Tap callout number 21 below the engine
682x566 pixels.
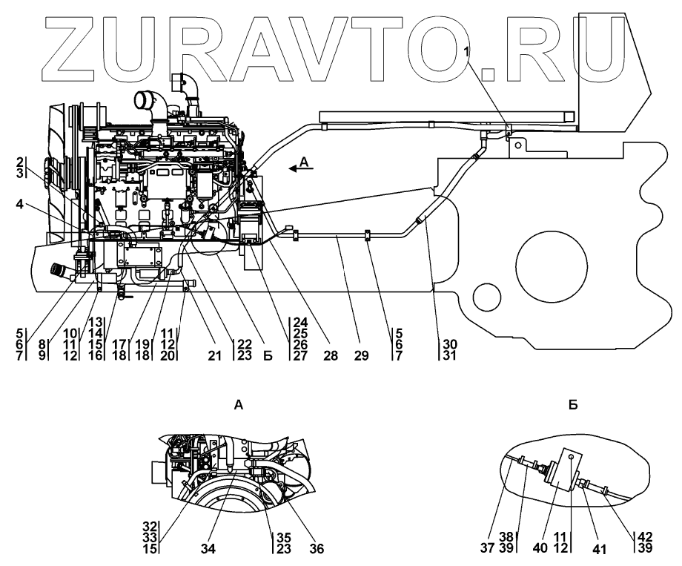coord(214,356)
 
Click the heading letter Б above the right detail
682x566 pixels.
coord(573,406)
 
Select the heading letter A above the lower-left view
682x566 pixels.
coord(238,406)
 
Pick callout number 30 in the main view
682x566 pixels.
coord(448,345)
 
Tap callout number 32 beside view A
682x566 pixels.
coord(150,528)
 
